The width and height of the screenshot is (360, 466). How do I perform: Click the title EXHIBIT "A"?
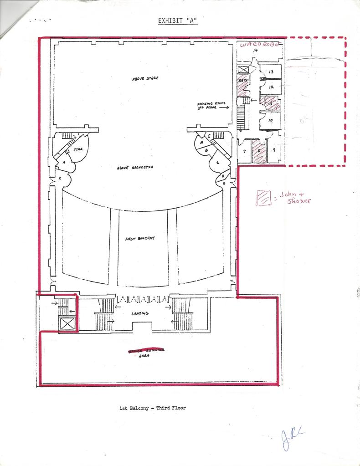pyautogui.click(x=177, y=20)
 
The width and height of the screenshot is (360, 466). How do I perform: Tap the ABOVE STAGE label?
pyautogui.click(x=145, y=79)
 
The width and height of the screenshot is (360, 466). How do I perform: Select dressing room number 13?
pyautogui.click(x=271, y=72)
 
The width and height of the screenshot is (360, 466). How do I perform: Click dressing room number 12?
pyautogui.click(x=271, y=87)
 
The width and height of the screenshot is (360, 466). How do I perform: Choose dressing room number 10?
pyautogui.click(x=270, y=120)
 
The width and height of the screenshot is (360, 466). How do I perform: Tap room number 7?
pyautogui.click(x=244, y=150)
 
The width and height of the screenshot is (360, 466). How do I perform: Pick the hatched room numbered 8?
pyautogui.click(x=259, y=150)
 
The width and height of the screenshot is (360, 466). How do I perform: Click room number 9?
pyautogui.click(x=273, y=150)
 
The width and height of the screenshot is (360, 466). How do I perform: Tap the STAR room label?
pyautogui.click(x=77, y=149)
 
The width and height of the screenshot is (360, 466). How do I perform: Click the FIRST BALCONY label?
pyautogui.click(x=140, y=239)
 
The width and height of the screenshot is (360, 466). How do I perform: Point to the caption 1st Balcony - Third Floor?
pyautogui.click(x=152, y=408)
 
